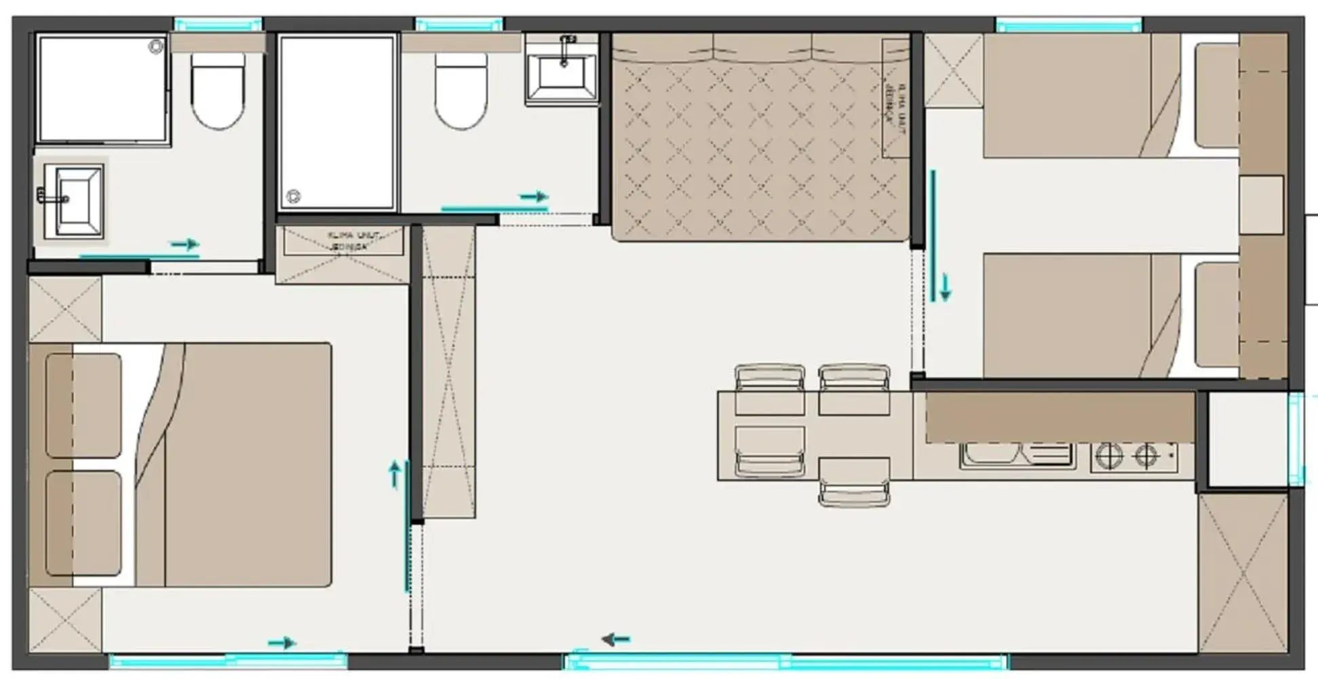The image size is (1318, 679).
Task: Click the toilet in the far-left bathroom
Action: [x=218, y=92]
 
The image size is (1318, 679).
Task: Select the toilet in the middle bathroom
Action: [x=461, y=92]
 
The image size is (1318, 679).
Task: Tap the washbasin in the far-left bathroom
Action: [x=75, y=200]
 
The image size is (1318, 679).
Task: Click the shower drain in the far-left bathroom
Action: [x=156, y=47]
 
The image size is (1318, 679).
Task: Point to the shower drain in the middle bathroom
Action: [x=293, y=196]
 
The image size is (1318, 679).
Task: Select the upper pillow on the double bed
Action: [x=83, y=405]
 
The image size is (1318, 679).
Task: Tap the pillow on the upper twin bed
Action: [x=1216, y=95]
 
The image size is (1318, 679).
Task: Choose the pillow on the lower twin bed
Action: [x=1216, y=314]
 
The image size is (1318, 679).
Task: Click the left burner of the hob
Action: [x=1110, y=456]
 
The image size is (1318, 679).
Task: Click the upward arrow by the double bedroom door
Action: [x=395, y=474]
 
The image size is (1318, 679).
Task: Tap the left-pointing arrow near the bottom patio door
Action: [x=616, y=639]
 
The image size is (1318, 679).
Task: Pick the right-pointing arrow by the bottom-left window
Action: [x=282, y=642]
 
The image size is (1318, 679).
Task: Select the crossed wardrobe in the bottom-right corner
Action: [x=1243, y=574]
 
